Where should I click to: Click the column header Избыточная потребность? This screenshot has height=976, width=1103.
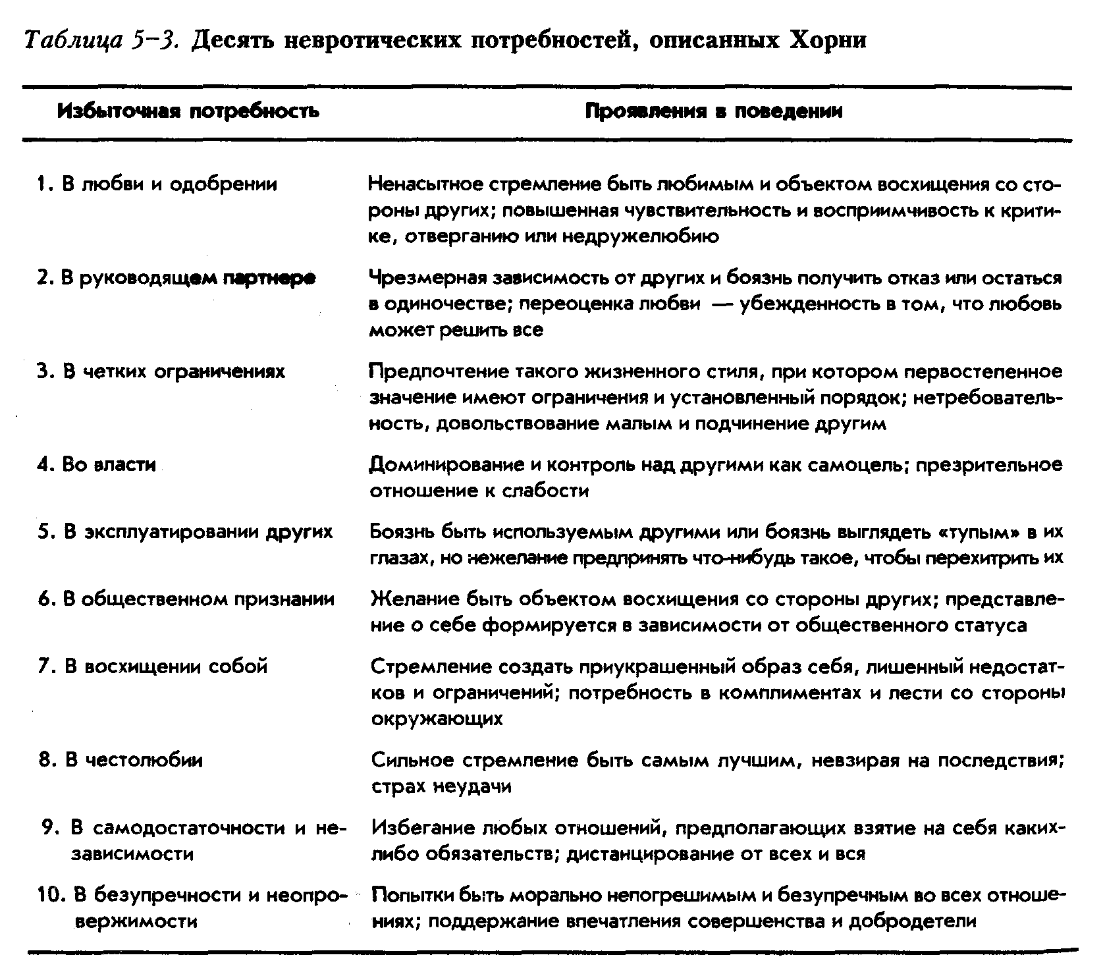[x=188, y=111]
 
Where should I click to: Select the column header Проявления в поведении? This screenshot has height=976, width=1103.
[x=714, y=111]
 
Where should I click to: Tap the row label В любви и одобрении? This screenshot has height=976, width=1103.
[x=158, y=184]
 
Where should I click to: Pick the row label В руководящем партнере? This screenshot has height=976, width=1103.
[x=176, y=278]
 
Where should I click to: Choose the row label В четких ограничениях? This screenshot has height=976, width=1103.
[x=162, y=371]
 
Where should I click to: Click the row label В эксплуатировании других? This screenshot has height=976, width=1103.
[x=186, y=531]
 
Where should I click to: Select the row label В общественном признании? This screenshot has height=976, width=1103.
[x=187, y=599]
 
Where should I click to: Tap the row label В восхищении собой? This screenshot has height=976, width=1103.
[x=153, y=666]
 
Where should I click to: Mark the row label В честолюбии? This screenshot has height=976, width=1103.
[x=122, y=760]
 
